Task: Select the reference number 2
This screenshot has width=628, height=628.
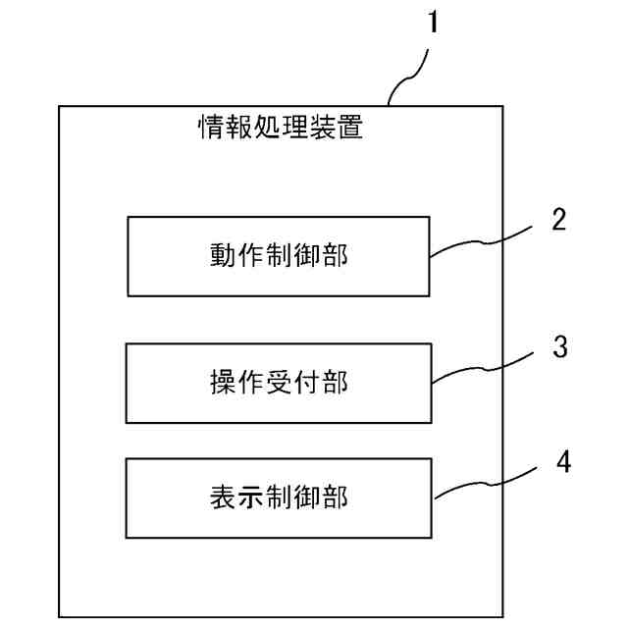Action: click(x=558, y=218)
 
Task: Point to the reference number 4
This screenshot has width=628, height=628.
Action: click(x=562, y=460)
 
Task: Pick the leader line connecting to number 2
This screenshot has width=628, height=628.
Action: click(x=481, y=240)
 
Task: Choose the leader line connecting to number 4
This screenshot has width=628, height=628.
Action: click(x=486, y=482)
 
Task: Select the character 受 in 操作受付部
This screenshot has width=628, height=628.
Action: click(x=280, y=384)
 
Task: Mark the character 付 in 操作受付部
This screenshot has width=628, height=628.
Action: click(x=307, y=384)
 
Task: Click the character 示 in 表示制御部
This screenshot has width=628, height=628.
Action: click(x=251, y=497)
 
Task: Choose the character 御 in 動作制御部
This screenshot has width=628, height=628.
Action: click(x=307, y=256)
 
